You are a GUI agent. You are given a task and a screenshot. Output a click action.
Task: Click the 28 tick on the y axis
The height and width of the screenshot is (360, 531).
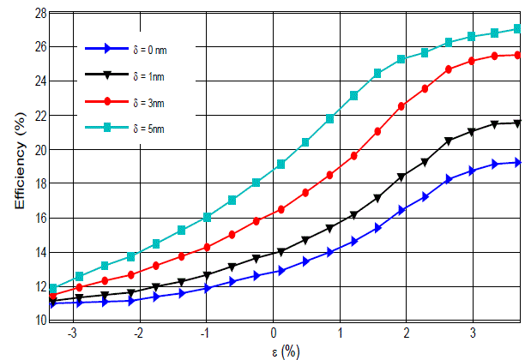tap(41, 14)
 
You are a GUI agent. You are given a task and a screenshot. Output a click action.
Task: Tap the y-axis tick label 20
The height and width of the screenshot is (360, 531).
tap(41, 150)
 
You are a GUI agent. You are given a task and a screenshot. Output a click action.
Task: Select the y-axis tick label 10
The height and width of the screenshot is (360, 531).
tap(41, 321)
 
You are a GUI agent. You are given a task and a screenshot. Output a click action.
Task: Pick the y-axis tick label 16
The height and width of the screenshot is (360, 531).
tap(41, 218)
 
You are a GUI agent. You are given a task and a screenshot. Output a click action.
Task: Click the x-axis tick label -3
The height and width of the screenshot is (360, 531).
tap(73, 333)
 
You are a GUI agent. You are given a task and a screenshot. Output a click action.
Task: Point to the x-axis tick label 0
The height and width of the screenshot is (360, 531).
tap(274, 333)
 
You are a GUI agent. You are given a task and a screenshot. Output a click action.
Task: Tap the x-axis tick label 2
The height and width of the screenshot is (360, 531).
tap(406, 333)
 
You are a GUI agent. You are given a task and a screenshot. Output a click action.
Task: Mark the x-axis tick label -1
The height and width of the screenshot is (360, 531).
tap(205, 333)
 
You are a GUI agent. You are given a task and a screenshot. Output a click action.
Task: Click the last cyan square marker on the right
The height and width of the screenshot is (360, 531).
tap(517, 28)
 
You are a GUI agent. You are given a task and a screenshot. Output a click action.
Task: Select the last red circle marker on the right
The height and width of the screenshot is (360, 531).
tap(517, 55)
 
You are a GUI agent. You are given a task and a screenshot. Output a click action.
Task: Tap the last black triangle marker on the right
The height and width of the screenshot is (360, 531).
tap(517, 123)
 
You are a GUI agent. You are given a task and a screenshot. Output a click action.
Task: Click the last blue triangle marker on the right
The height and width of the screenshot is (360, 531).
tap(517, 163)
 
